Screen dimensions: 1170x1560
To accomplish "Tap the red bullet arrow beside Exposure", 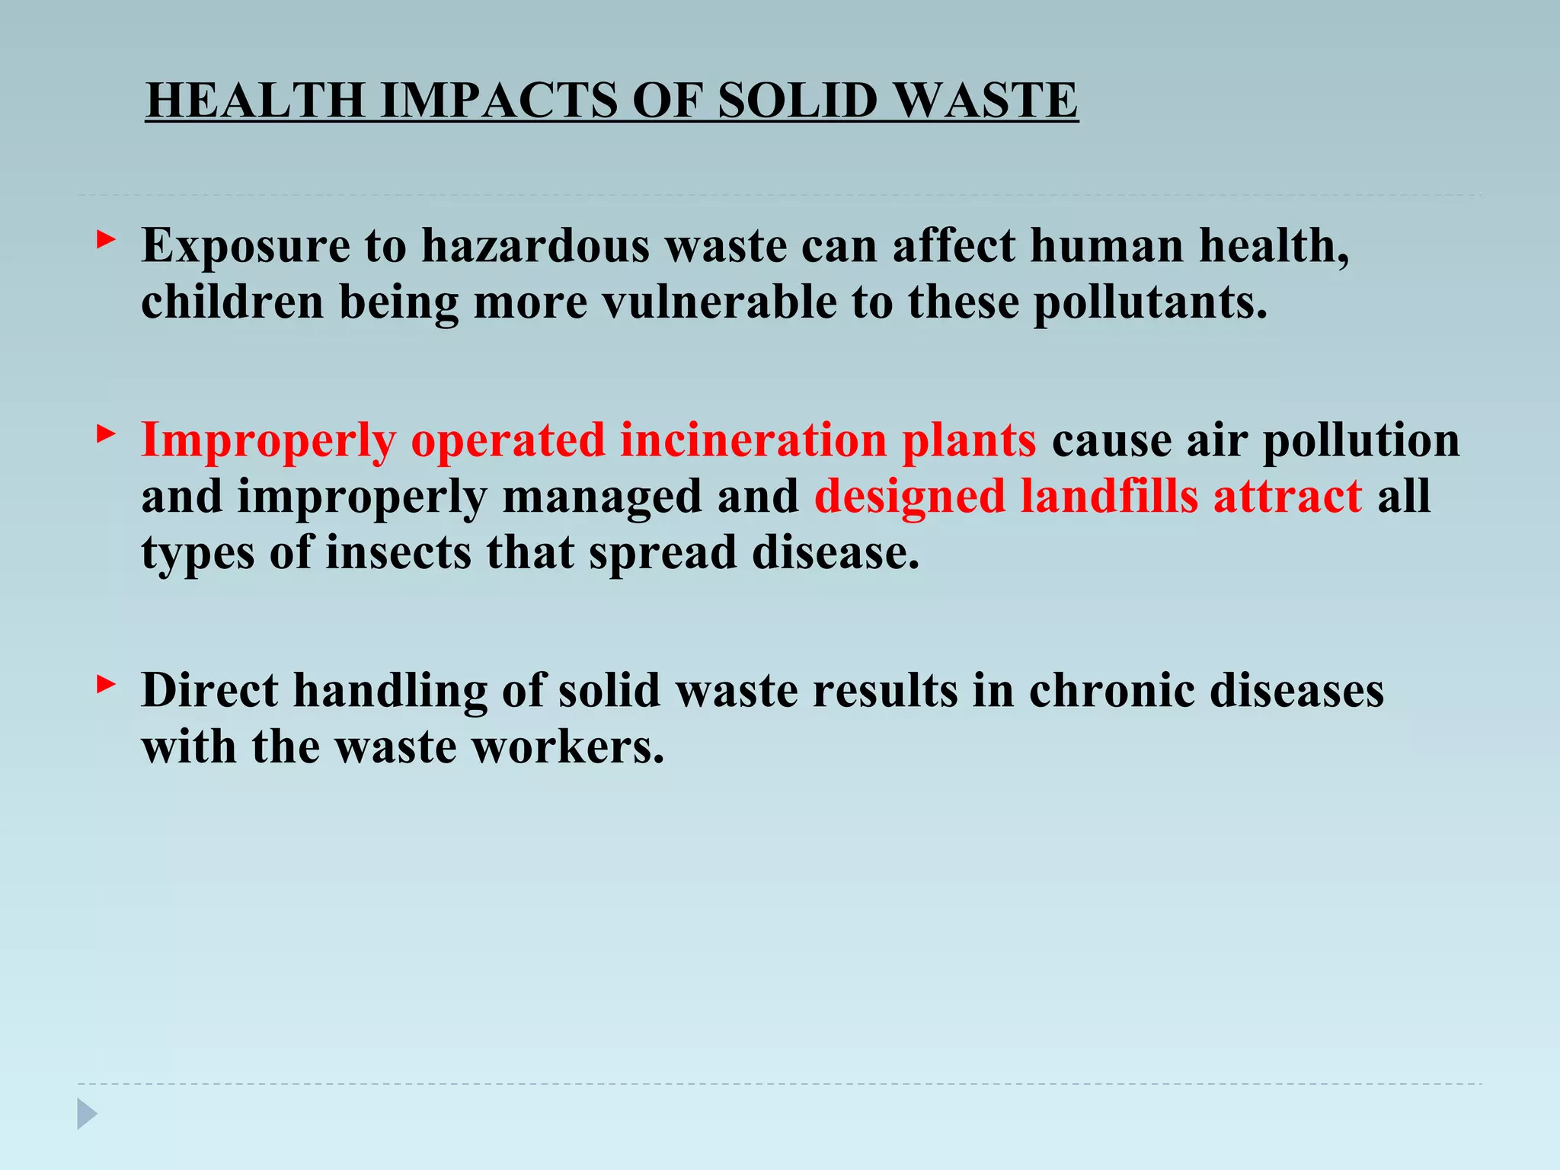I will (x=106, y=241).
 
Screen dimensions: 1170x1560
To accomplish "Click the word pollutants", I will (x=1150, y=303).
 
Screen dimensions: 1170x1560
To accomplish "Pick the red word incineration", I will (x=753, y=440).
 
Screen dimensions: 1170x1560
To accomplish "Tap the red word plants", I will (x=969, y=442).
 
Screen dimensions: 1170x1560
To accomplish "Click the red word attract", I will (x=1287, y=497).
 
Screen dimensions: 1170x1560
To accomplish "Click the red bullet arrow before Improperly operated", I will (x=106, y=435).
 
